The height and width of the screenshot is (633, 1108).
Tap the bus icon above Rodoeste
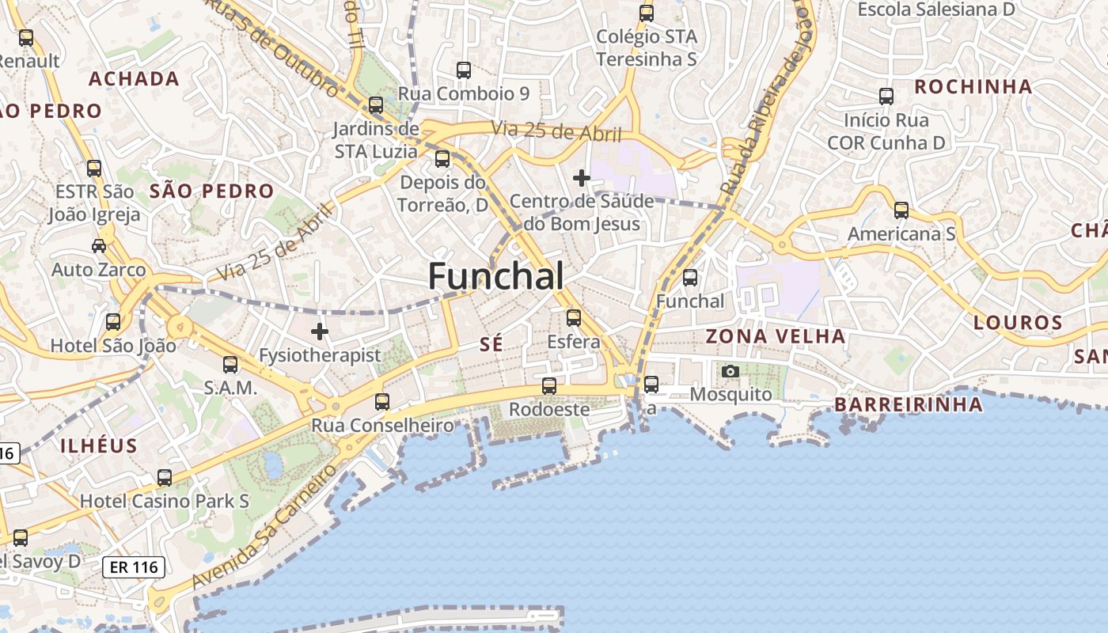[x=548, y=386]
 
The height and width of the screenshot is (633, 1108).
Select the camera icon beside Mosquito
[x=730, y=371]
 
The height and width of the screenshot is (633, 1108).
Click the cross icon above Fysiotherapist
[x=320, y=331]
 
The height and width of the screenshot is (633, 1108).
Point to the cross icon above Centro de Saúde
[x=582, y=177]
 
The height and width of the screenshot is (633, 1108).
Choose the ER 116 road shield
[x=134, y=567]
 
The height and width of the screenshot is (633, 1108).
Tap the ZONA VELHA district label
[x=775, y=336]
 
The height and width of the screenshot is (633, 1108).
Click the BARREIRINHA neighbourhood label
[x=909, y=405]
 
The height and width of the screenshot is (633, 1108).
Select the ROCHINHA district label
[x=973, y=86]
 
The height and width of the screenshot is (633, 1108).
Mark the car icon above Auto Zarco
[x=99, y=246]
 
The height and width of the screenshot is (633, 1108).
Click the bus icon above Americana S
[x=901, y=210]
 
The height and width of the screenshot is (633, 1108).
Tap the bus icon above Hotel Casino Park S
[x=165, y=478]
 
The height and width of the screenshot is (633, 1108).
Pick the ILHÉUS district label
[x=99, y=445]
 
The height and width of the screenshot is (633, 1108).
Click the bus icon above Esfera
[x=574, y=318]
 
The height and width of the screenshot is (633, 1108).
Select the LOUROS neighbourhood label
[x=1018, y=322]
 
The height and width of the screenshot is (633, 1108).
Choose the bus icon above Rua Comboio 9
[x=464, y=70]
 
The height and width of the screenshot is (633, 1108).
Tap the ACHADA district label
[x=134, y=78]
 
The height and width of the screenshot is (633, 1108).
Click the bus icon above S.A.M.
[x=230, y=365]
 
